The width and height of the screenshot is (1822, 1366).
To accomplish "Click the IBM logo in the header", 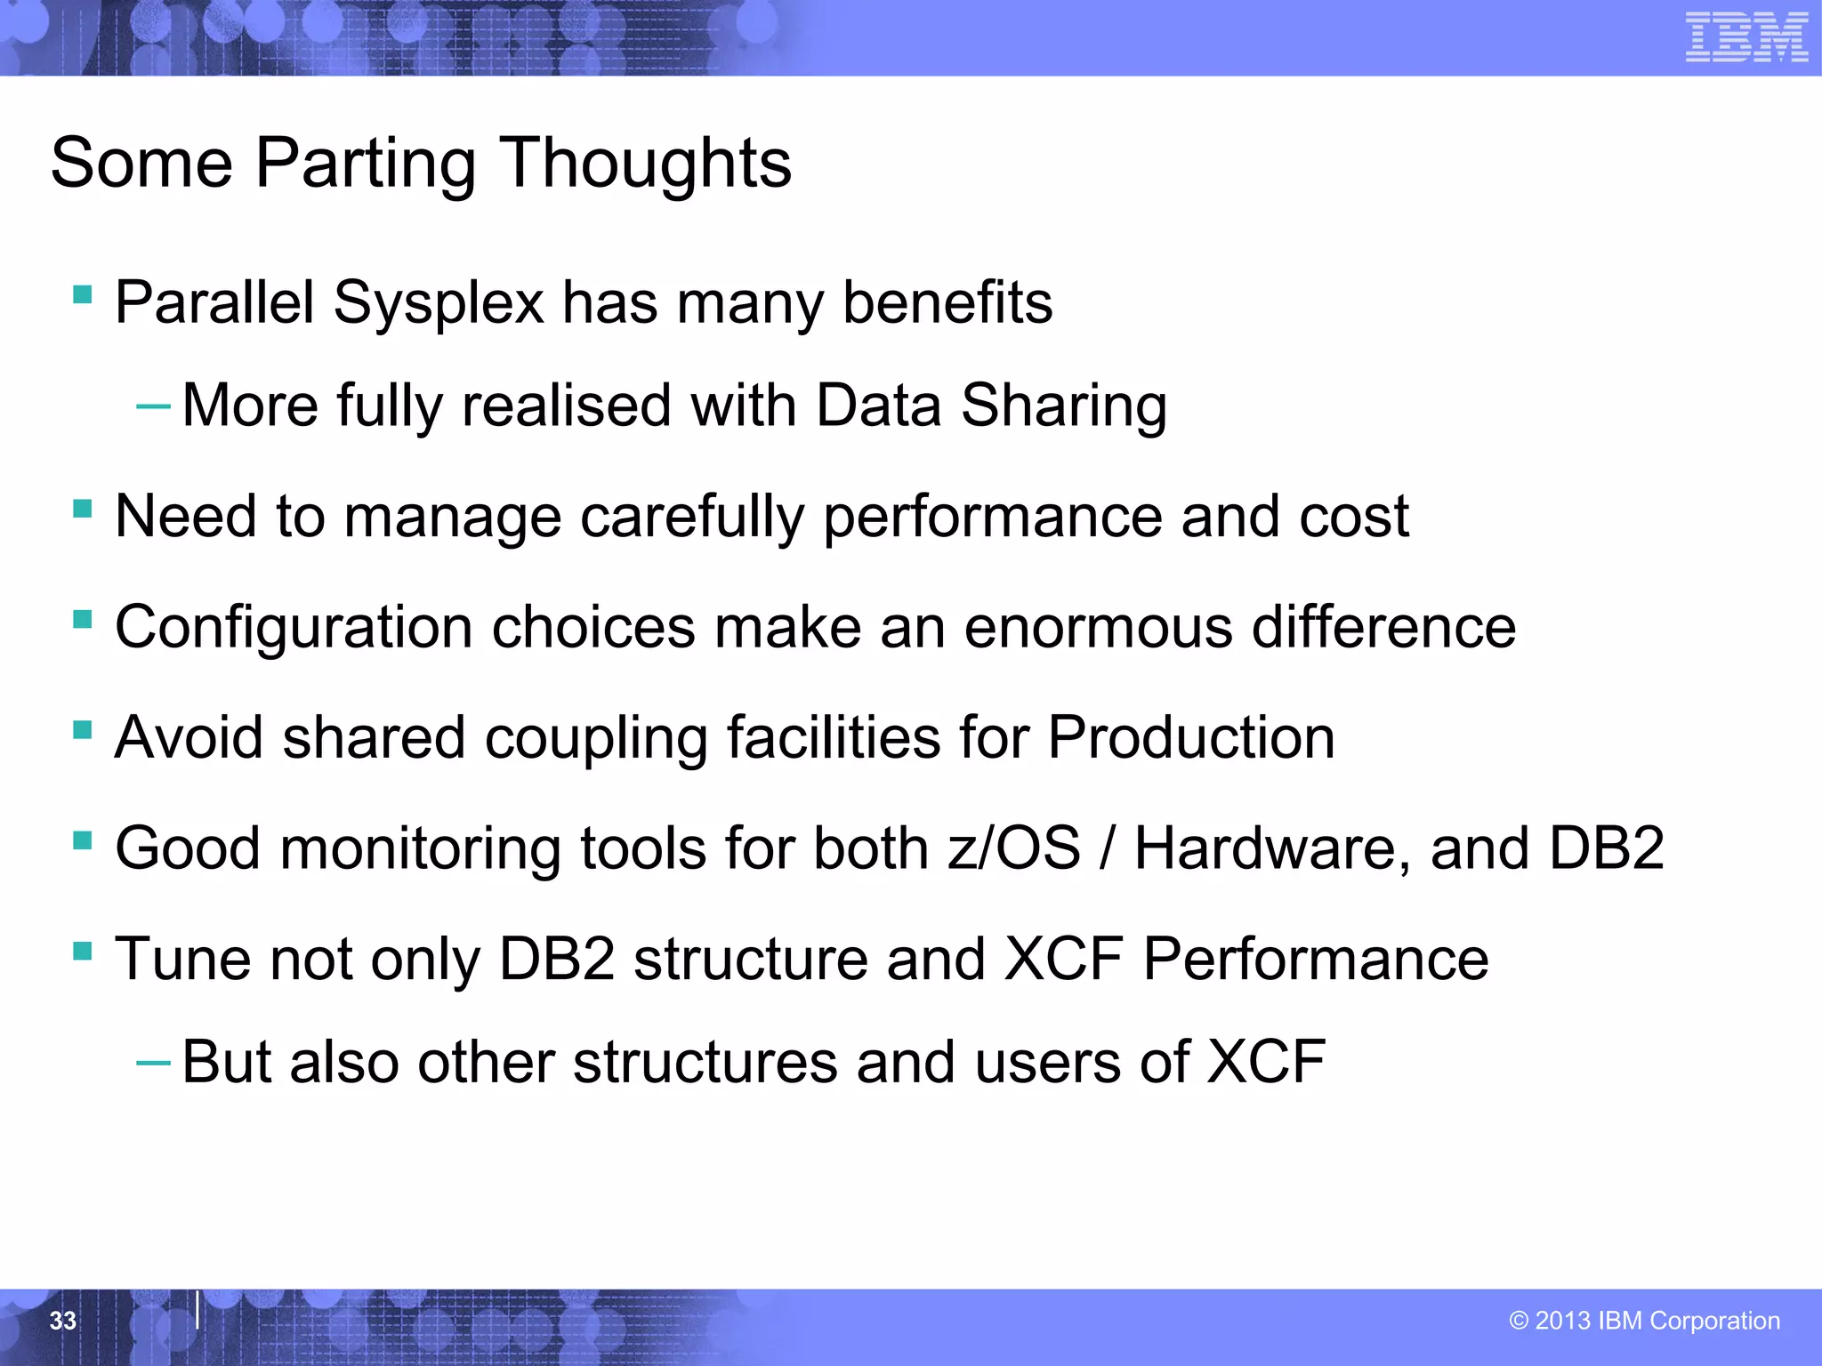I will point(1746,37).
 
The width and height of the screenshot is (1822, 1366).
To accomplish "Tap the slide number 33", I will point(63,1321).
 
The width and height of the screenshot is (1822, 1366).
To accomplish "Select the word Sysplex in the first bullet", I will point(438,303).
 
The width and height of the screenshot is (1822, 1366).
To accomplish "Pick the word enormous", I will point(1098,627).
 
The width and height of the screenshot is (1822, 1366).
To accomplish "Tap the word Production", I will point(1190,737).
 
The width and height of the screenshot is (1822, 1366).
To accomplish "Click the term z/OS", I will point(1013,848).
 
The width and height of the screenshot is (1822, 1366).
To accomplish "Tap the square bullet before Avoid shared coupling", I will point(83,730).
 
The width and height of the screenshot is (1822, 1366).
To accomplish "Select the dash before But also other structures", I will point(153,1063).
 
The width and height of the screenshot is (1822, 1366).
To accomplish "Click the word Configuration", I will point(294,627).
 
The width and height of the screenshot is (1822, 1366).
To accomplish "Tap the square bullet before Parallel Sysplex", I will point(83,294).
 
